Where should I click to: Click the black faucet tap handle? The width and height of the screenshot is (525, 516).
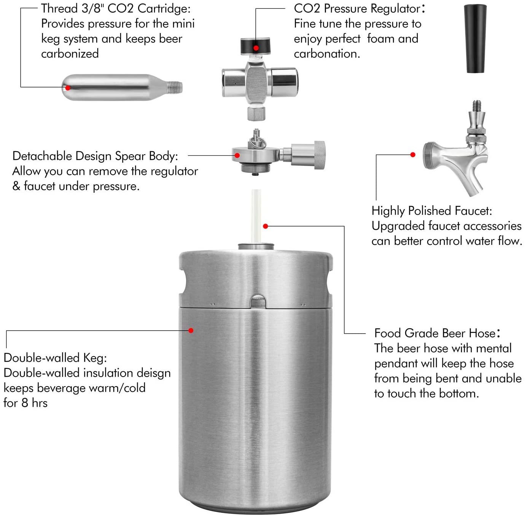(476, 38)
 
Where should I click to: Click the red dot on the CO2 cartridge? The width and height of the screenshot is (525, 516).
(68, 88)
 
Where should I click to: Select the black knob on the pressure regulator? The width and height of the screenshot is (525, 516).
(256, 46)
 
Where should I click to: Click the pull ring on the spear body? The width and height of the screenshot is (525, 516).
(260, 141)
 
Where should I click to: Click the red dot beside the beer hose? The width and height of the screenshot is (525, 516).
(266, 226)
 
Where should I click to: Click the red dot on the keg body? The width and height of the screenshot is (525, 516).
(191, 330)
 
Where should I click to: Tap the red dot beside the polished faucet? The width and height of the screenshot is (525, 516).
(413, 155)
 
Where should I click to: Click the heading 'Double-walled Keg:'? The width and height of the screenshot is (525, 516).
(55, 358)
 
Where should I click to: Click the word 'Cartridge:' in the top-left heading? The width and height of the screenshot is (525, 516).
(164, 8)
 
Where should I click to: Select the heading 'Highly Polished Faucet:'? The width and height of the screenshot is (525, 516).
(432, 211)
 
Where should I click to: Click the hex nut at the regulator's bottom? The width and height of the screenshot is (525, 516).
(256, 113)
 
